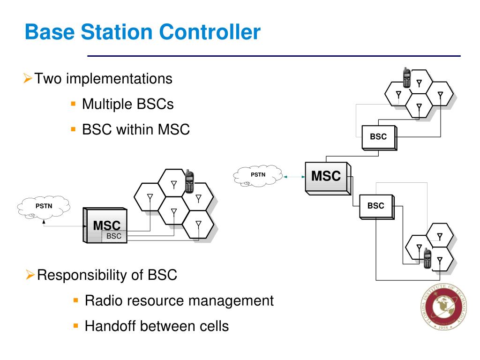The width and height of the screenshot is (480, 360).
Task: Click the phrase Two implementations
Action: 103,78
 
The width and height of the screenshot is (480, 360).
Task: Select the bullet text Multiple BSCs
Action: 127,104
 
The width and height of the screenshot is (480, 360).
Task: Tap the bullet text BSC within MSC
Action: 135,129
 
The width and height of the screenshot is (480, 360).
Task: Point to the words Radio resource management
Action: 179,300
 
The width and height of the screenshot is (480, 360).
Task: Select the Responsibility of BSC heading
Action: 107,275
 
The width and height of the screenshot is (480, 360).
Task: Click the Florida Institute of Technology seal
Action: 443,307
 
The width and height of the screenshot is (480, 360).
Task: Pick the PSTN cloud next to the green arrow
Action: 258,175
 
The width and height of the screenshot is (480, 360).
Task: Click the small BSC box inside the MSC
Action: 114,236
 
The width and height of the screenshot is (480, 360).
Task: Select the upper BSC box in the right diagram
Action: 378,137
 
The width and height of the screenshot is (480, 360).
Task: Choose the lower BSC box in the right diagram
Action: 375,206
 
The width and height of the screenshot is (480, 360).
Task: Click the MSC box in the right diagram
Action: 326,177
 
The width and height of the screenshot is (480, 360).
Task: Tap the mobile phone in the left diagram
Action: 189,182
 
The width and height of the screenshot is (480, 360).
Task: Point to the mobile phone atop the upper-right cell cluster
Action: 407,77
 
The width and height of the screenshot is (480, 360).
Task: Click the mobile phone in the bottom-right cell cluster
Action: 427,258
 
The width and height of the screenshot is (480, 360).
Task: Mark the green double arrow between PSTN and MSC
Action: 294,177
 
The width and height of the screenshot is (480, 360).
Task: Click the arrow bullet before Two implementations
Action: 28,78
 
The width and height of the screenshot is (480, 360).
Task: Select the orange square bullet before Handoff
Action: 75,325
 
